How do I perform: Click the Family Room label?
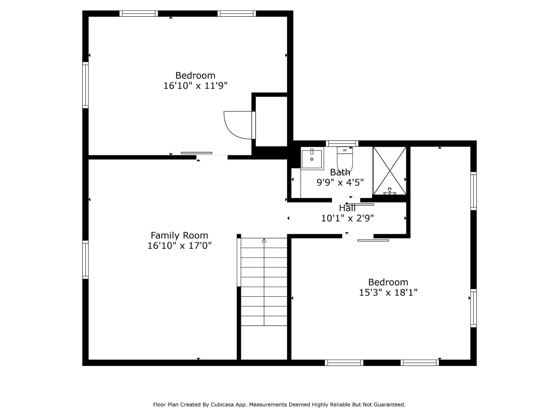pyautogui.click(x=179, y=235)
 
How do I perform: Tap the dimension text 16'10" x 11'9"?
pyautogui.click(x=195, y=86)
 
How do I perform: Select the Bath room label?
pyautogui.click(x=340, y=172)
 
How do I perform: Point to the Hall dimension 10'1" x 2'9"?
pyautogui.click(x=347, y=218)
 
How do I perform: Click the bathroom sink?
pyautogui.click(x=312, y=159)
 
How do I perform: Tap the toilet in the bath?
pyautogui.click(x=345, y=159)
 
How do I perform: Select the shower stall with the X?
pyautogui.click(x=390, y=170)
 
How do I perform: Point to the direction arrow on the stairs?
pyautogui.click(x=264, y=241)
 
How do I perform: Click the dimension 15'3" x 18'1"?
pyautogui.click(x=388, y=292)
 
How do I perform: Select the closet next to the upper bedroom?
pyautogui.click(x=271, y=121)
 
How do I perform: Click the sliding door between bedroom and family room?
pyautogui.click(x=197, y=153)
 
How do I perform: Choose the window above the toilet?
pyautogui.click(x=342, y=143)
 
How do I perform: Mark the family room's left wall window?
pyautogui.click(x=85, y=259)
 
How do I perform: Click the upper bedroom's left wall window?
pyautogui.click(x=85, y=85)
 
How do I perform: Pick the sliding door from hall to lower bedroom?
pyautogui.click(x=373, y=240)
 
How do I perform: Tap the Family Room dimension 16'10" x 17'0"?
pyautogui.click(x=179, y=245)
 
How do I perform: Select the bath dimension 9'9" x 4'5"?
pyautogui.click(x=340, y=182)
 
